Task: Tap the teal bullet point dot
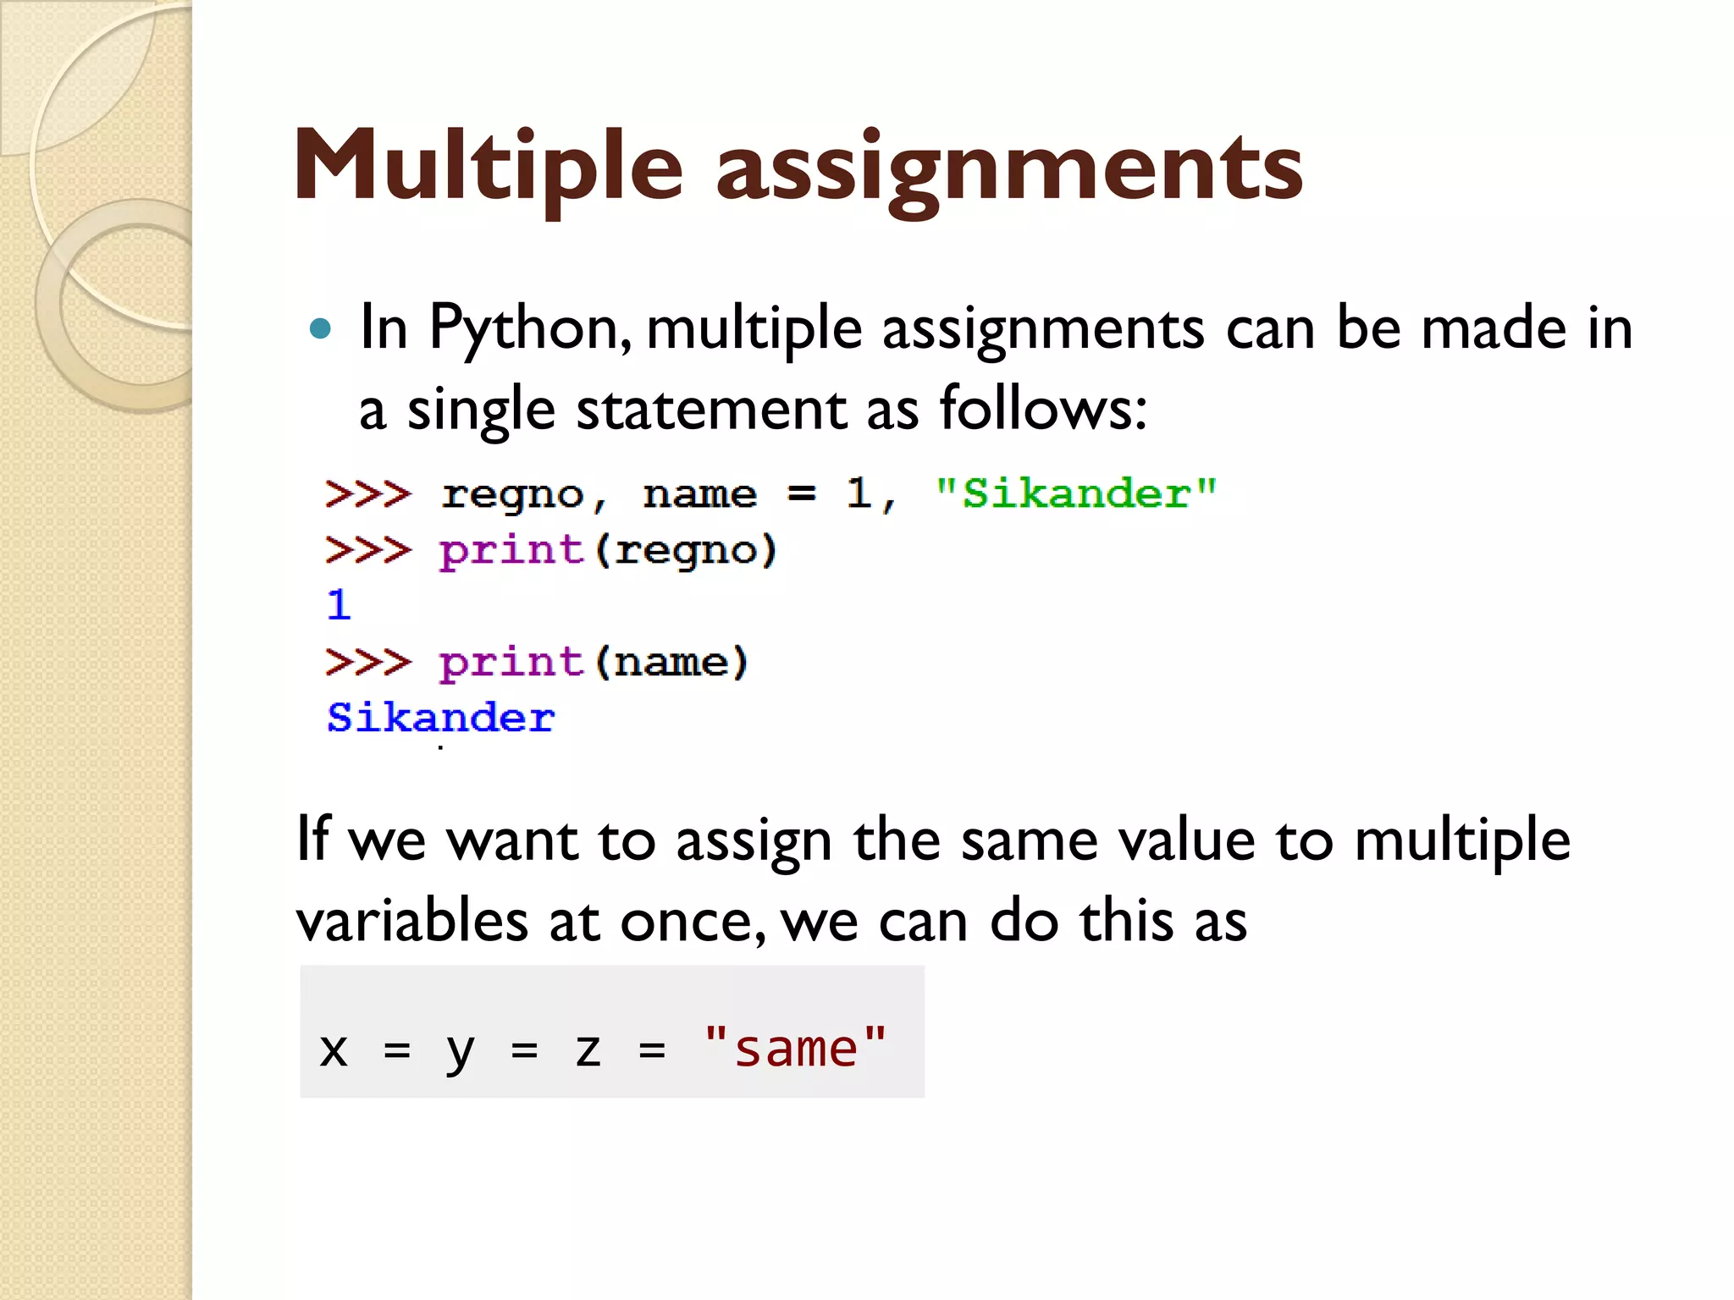(x=320, y=328)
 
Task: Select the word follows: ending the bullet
(x=1043, y=410)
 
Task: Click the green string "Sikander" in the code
(x=1075, y=493)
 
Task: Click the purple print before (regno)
(x=511, y=551)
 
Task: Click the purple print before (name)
(x=511, y=662)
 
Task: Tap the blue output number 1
(x=339, y=605)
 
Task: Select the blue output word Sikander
(x=440, y=719)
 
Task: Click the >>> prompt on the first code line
(x=368, y=493)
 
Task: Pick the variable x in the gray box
(x=334, y=1050)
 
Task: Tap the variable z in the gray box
(x=588, y=1050)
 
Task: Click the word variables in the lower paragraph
(x=411, y=921)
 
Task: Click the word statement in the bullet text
(x=711, y=410)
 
